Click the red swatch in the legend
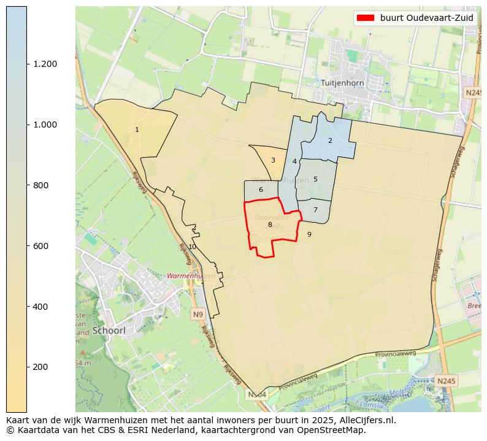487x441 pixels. pyautogui.click(x=366, y=18)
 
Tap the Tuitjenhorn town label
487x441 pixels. pyautogui.click(x=342, y=83)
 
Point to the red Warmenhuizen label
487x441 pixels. pyautogui.click(x=192, y=276)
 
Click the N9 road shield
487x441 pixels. pyautogui.click(x=197, y=315)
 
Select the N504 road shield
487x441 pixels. pyautogui.click(x=258, y=394)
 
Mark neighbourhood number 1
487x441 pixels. pyautogui.click(x=137, y=129)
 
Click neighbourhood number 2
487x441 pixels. pyautogui.click(x=330, y=140)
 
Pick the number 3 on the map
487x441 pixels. pyautogui.click(x=273, y=160)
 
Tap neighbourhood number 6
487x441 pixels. pyautogui.click(x=261, y=190)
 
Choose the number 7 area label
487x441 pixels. pyautogui.click(x=315, y=210)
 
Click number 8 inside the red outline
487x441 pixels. pyautogui.click(x=270, y=224)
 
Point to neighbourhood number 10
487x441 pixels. pyautogui.click(x=192, y=247)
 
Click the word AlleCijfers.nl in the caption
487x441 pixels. pyautogui.click(x=367, y=420)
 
